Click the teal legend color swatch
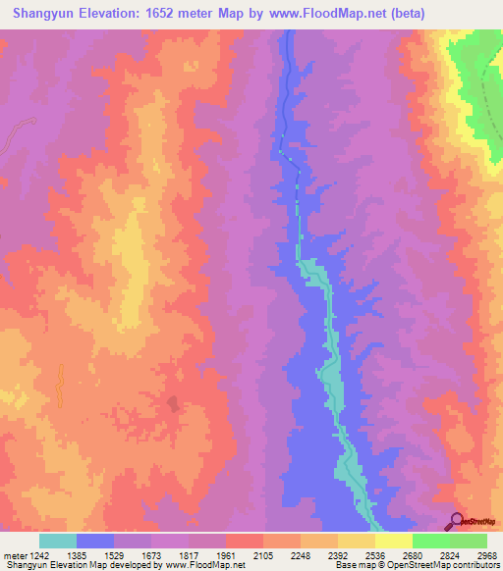tap(57, 541)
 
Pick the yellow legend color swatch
tap(393, 541)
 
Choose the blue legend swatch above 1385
tap(94, 541)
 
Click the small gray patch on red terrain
tap(173, 404)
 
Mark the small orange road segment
tap(59, 386)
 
